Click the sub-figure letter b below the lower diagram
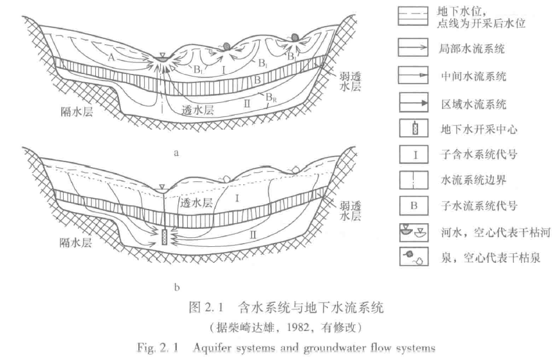[x=176, y=283]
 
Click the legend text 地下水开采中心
[x=475, y=129]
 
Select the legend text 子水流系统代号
[x=475, y=206]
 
